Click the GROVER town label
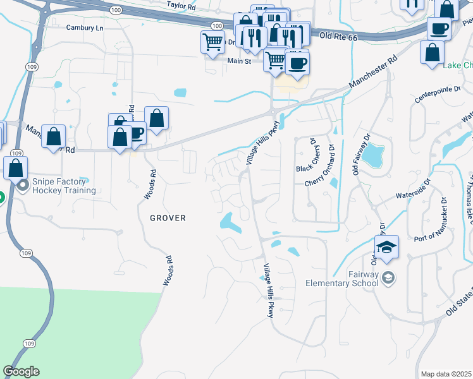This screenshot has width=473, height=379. (x=168, y=218)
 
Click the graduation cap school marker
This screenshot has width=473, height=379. (x=386, y=247)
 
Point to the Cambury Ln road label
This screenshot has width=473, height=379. (x=84, y=28)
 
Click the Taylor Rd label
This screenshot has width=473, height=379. (x=183, y=4)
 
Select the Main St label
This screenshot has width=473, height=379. (x=240, y=61)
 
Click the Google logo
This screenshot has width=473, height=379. (x=21, y=371)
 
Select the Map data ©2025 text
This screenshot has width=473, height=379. (x=446, y=374)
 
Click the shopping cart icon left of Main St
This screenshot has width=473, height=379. (x=213, y=42)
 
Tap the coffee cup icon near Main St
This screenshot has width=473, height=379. (x=297, y=62)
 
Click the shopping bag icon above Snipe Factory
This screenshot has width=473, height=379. (x=15, y=168)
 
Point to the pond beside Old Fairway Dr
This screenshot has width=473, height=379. (x=374, y=153)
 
